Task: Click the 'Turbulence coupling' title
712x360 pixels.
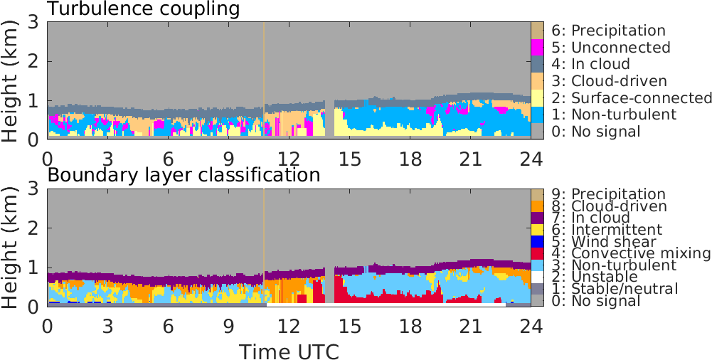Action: [143, 9]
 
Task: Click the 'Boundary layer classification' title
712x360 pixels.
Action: [184, 175]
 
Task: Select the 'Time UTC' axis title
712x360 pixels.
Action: [288, 351]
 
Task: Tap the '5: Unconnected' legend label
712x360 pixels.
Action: [611, 48]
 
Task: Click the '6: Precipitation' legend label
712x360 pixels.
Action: [609, 31]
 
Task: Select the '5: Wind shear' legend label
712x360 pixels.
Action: [604, 241]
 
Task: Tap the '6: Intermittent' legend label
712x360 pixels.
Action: [607, 230]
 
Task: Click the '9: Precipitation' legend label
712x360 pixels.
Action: [609, 194]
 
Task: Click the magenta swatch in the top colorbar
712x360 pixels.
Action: [538, 48]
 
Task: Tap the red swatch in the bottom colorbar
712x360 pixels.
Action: [538, 253]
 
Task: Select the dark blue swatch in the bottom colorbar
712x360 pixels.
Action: [538, 241]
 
